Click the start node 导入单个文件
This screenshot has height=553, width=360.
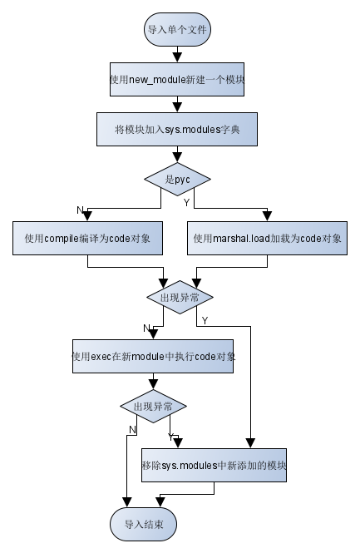[177, 30]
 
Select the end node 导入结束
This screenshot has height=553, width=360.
[144, 525]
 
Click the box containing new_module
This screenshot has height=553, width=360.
[177, 79]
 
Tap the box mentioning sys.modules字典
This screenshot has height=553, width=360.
[177, 130]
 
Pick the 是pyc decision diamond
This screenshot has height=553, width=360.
[177, 179]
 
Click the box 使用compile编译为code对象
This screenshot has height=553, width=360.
[88, 239]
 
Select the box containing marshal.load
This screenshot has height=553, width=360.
[267, 239]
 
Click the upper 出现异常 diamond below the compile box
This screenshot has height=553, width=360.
[180, 298]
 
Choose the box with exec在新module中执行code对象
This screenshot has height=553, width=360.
[153, 357]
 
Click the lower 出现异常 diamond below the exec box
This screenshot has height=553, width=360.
[153, 407]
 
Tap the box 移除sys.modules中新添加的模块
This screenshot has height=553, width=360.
[214, 466]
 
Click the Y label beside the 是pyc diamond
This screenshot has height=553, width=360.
[187, 202]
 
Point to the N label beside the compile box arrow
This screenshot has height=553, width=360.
[80, 210]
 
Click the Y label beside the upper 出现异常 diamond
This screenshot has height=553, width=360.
[205, 321]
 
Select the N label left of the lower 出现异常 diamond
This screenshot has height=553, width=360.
[132, 430]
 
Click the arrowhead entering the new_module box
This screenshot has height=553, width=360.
[177, 58]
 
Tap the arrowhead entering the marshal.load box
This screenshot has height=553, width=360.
[267, 217]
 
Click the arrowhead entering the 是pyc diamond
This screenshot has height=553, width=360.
[177, 158]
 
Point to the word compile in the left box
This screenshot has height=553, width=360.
[62, 239]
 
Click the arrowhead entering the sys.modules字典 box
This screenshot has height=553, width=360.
[177, 108]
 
